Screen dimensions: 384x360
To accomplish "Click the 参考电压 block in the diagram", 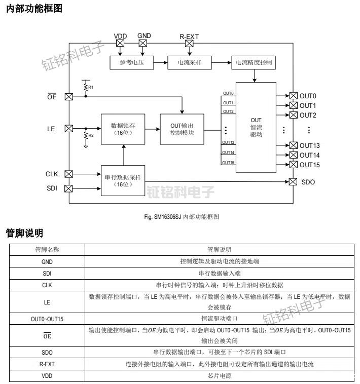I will pyautogui.click(x=131, y=63).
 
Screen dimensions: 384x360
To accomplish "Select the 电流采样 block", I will pyautogui.click(x=189, y=63).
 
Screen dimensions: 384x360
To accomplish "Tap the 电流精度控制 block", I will pyautogui.click(x=254, y=63).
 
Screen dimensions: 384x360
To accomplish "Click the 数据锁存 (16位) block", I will pyautogui.click(x=123, y=129).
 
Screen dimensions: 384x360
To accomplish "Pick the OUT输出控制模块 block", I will pyautogui.click(x=182, y=129).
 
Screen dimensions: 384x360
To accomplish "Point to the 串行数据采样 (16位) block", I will pyautogui.click(x=123, y=180).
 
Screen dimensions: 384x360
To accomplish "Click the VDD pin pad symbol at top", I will pyautogui.click(x=120, y=44).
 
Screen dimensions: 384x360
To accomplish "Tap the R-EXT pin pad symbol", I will pyautogui.click(x=189, y=44).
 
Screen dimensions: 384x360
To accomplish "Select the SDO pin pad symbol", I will pyautogui.click(x=293, y=182).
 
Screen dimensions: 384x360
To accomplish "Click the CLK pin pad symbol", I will pyautogui.click(x=69, y=174).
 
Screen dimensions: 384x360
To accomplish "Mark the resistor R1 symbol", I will pyautogui.click(x=86, y=87).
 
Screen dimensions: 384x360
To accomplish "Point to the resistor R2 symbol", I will pyautogui.click(x=86, y=136).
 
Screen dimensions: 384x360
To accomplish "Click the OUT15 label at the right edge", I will pyautogui.click(x=309, y=165).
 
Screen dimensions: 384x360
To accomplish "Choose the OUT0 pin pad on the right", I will pyautogui.click(x=293, y=96).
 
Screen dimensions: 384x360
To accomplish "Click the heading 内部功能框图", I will pyautogui.click(x=34, y=9).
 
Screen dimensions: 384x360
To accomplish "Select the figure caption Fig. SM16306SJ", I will pyautogui.click(x=181, y=216).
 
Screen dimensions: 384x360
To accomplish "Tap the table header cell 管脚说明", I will pyautogui.click(x=219, y=250).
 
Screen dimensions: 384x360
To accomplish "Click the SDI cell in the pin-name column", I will pyautogui.click(x=47, y=274).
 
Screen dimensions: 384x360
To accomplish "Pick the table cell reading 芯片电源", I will pyautogui.click(x=219, y=376).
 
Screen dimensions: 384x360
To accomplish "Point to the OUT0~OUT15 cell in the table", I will pyautogui.click(x=47, y=319).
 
